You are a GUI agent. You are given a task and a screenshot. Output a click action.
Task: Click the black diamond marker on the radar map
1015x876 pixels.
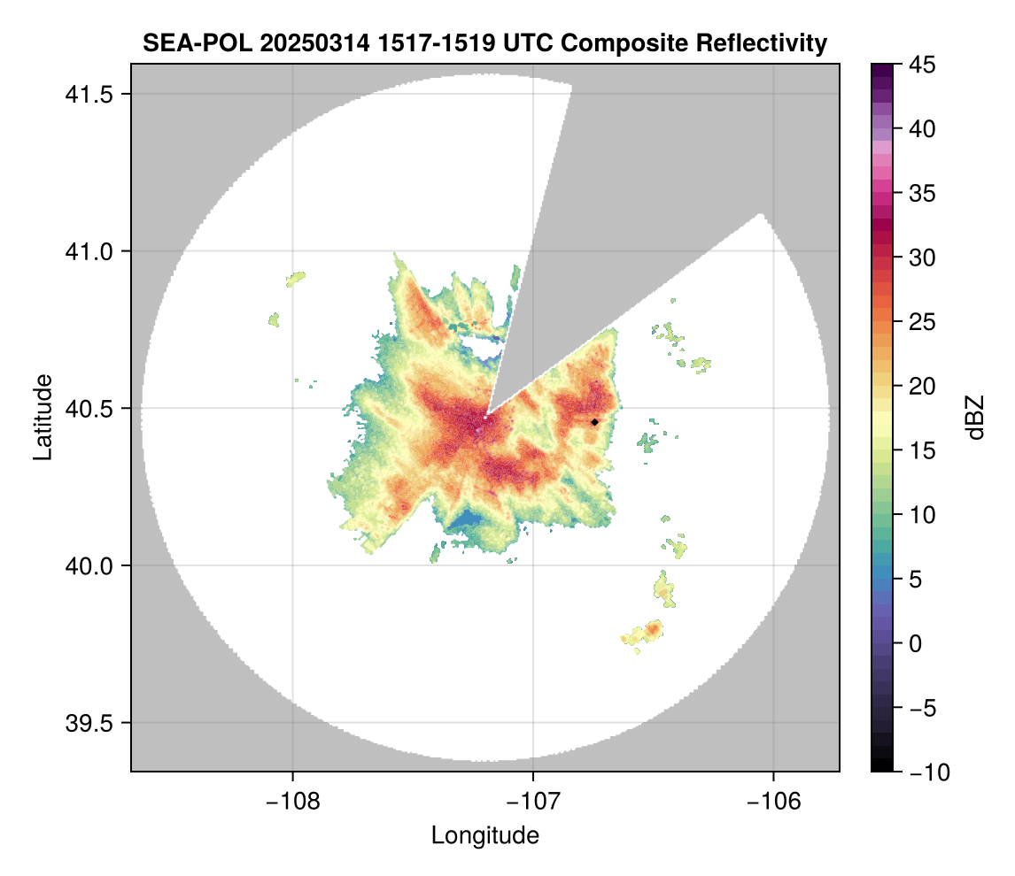(x=595, y=422)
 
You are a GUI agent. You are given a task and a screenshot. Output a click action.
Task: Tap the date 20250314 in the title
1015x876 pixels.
(x=297, y=43)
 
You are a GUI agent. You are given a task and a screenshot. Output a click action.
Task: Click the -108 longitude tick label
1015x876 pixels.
(x=292, y=801)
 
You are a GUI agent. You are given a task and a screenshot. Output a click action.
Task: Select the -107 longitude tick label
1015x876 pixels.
(x=533, y=801)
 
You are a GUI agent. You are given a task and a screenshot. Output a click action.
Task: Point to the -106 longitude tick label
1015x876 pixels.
(x=773, y=801)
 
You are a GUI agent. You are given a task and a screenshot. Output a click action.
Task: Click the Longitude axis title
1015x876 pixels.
(x=484, y=835)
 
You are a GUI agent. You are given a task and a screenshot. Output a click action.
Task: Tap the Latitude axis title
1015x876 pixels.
(x=43, y=417)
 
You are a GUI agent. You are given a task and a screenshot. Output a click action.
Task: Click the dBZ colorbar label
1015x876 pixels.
(x=975, y=417)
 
